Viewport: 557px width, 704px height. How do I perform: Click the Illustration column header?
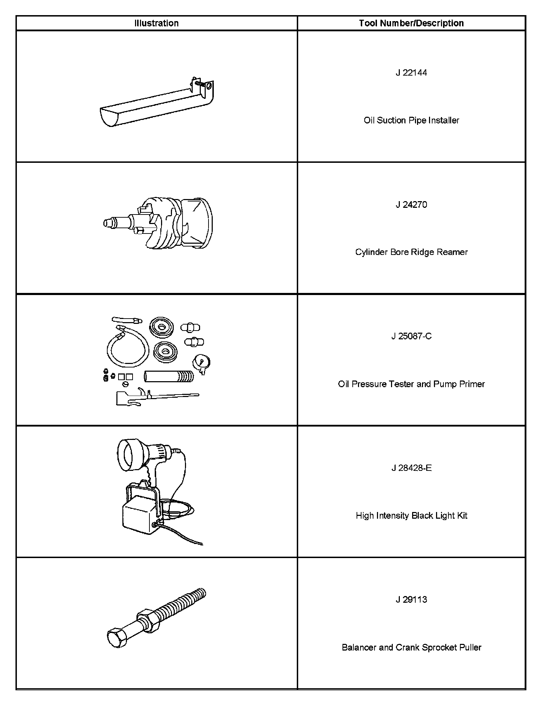pyautogui.click(x=156, y=23)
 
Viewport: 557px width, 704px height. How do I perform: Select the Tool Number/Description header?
pyautogui.click(x=411, y=23)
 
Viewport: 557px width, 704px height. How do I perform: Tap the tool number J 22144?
pyautogui.click(x=411, y=73)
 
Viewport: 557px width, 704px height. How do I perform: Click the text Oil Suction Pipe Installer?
pyautogui.click(x=411, y=120)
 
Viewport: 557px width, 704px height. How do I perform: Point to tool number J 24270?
pyautogui.click(x=411, y=205)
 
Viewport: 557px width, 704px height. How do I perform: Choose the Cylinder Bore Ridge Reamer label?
pyautogui.click(x=411, y=252)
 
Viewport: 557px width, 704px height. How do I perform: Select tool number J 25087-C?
pyautogui.click(x=411, y=336)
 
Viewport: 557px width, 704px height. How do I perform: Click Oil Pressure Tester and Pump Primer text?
pyautogui.click(x=411, y=384)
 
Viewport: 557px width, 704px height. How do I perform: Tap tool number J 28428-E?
pyautogui.click(x=411, y=468)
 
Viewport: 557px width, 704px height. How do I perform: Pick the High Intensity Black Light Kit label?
pyautogui.click(x=411, y=516)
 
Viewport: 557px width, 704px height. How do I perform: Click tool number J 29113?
pyautogui.click(x=411, y=600)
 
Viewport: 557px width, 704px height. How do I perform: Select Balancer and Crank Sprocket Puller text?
pyautogui.click(x=411, y=647)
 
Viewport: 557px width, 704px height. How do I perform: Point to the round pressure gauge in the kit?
pyautogui.click(x=201, y=362)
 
